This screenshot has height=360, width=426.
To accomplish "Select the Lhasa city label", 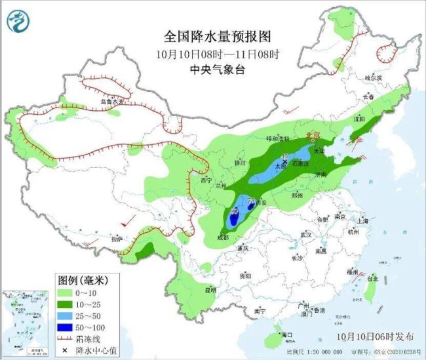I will [x=117, y=239].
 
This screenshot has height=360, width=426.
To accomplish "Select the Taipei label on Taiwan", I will [x=372, y=278].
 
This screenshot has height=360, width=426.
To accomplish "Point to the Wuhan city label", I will [x=305, y=234].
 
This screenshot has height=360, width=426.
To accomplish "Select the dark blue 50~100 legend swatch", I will [x=66, y=326].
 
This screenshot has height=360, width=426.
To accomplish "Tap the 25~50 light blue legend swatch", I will [x=66, y=315].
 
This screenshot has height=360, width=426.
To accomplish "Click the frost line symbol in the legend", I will [x=66, y=338].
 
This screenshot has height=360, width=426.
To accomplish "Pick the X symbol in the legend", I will [x=66, y=350].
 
